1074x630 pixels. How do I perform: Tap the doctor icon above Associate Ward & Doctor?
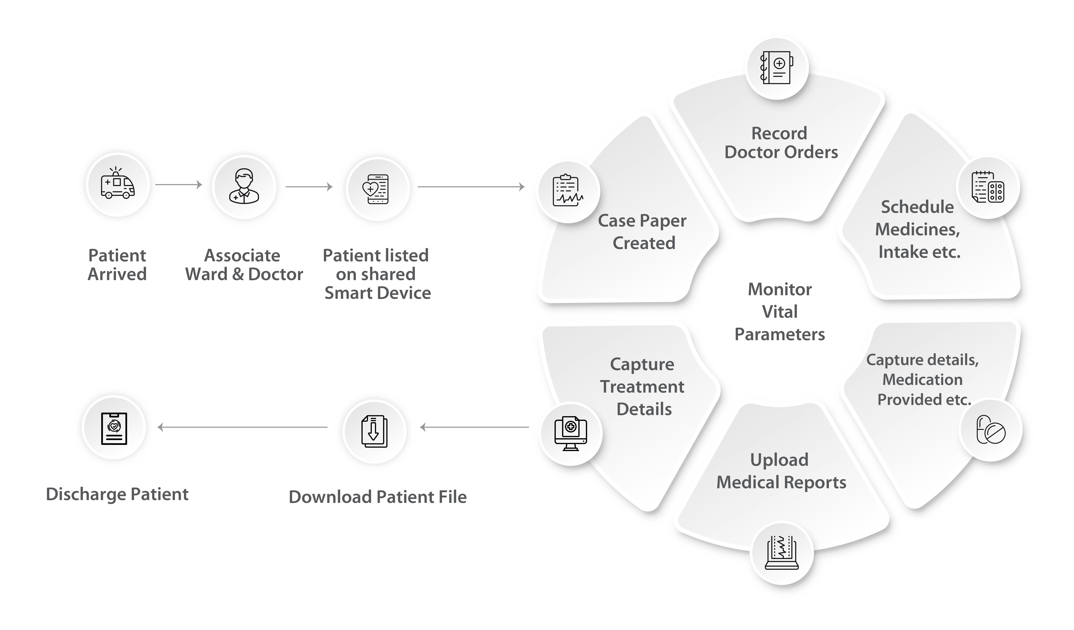(x=244, y=186)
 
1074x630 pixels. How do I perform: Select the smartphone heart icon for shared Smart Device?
(x=377, y=189)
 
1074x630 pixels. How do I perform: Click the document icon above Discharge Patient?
(x=114, y=428)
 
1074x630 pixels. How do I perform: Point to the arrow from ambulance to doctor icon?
(x=179, y=185)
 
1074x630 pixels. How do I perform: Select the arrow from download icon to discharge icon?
(x=243, y=427)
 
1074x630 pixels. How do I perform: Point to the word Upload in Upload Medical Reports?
(x=779, y=460)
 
